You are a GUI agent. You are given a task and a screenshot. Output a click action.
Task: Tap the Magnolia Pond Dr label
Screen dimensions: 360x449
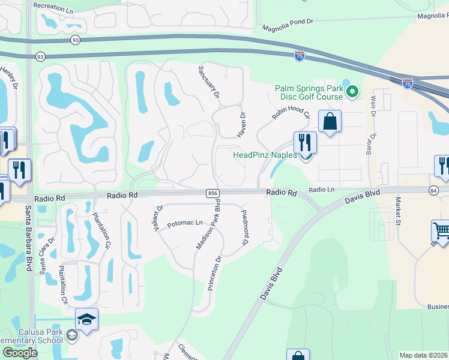(x=288, y=23)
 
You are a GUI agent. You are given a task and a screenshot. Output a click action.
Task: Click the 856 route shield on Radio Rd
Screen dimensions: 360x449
(x=214, y=193)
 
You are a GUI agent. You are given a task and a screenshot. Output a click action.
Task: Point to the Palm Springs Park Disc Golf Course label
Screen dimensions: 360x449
(x=309, y=92)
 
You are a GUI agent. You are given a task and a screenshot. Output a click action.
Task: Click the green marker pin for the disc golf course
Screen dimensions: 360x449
(x=352, y=92)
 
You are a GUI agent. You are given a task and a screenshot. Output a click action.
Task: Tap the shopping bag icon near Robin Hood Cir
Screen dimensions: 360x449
(x=330, y=122)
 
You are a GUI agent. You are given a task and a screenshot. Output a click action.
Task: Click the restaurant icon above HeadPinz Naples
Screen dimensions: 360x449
(x=305, y=143)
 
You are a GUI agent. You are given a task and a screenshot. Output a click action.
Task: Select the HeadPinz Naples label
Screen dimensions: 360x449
(x=265, y=155)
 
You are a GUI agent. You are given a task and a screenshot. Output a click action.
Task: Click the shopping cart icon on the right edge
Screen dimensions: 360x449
(x=441, y=230)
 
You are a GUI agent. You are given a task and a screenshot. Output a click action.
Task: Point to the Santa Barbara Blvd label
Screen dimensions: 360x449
(x=28, y=238)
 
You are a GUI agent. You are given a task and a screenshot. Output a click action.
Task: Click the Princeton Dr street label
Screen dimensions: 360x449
(x=215, y=273)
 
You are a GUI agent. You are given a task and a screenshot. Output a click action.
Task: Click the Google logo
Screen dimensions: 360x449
(x=20, y=353)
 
